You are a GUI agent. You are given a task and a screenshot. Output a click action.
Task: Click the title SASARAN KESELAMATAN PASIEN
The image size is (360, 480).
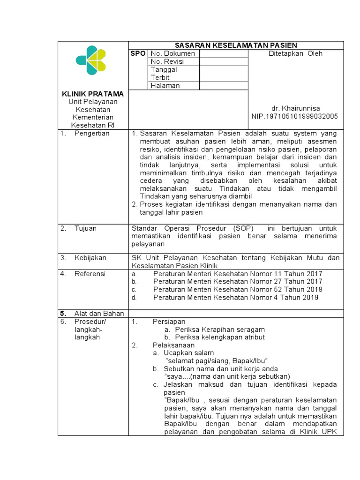[236, 45]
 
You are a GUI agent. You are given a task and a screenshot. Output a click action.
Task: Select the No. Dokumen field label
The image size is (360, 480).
[172, 53]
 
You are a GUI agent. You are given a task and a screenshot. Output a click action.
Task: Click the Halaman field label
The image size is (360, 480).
[165, 85]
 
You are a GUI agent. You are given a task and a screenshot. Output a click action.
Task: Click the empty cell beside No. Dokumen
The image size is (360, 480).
[224, 53]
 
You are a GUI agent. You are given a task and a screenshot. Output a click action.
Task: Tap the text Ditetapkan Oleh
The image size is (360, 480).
[295, 53]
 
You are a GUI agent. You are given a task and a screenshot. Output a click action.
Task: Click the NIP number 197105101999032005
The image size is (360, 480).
[295, 116]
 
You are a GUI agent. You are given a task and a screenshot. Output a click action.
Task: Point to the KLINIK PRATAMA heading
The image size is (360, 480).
[94, 94]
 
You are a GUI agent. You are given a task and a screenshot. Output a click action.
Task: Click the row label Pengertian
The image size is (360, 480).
[92, 134]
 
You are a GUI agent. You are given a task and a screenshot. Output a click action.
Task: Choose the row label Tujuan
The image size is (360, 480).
[85, 228]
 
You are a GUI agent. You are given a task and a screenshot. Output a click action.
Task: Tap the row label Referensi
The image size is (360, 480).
[90, 274]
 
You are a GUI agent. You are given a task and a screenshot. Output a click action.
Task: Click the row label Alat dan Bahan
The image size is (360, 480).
[99, 313]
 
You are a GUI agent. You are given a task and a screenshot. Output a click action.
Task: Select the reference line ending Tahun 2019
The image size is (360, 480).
[235, 298]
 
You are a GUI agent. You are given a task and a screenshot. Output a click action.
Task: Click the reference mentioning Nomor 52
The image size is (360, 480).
[237, 290]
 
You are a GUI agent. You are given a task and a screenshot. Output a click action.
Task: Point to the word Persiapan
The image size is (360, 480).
[169, 322]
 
